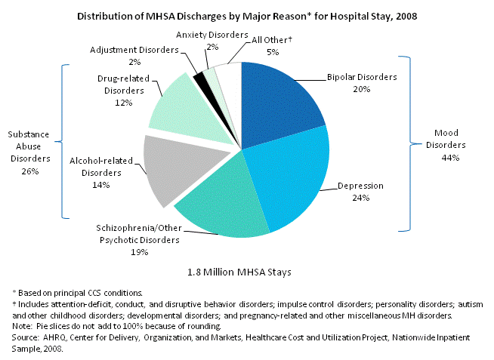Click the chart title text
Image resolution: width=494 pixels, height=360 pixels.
pos(245,15)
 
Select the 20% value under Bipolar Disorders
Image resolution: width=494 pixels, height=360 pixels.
pos(361,88)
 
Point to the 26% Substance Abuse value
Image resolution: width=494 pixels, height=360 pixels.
pos(30,171)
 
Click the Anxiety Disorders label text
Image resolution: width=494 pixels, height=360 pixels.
pos(212,35)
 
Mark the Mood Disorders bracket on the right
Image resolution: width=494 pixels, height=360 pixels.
pos(410,142)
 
